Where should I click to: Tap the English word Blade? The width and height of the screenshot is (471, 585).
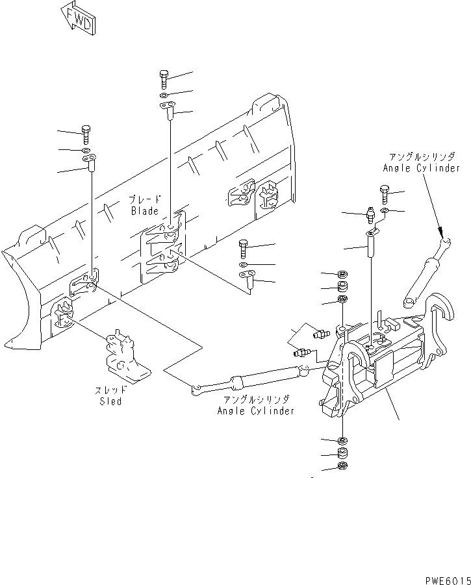pos(144,211)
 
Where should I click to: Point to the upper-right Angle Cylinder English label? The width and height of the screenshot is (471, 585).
pos(422,168)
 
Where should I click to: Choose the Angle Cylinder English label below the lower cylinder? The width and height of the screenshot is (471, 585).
pos(255,410)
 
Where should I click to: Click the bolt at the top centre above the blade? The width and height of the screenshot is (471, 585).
pos(163,79)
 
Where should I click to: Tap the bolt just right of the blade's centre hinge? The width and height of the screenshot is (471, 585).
pos(244,248)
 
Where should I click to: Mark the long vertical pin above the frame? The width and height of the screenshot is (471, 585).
pos(372,246)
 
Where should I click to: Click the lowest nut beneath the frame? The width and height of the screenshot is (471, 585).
pos(343,466)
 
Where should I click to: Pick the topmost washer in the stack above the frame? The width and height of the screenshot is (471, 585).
pos(343,274)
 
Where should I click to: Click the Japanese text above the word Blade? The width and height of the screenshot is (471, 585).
pos(144,199)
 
